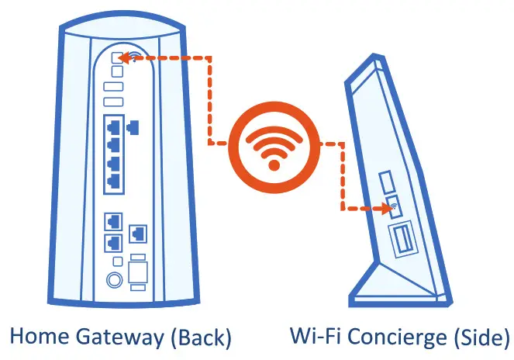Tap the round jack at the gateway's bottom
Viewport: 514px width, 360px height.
pos(114,279)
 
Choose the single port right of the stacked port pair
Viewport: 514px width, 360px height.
pos(140,231)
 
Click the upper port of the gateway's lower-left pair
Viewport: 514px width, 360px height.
pos(113,223)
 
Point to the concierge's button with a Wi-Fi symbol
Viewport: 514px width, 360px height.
pos(392,208)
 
